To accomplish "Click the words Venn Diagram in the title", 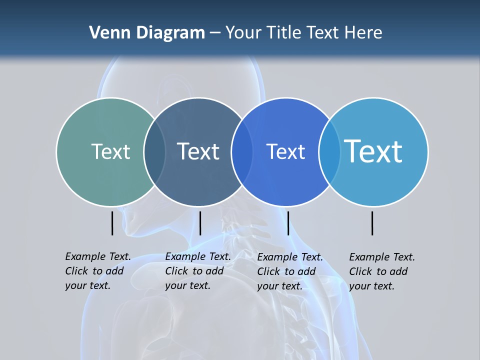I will click(147, 33).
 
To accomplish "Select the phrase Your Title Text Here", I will click(303, 33).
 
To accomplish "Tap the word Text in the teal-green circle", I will click(110, 151).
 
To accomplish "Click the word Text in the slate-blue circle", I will click(198, 151).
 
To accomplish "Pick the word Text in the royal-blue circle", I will click(285, 151).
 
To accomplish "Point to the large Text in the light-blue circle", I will click(373, 151).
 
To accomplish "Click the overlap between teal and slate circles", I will click(154, 151).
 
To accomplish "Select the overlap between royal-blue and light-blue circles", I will click(329, 151).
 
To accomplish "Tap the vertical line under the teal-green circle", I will click(112, 223).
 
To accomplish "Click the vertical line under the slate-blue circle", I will click(200, 223).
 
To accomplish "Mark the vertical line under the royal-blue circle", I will click(288, 223).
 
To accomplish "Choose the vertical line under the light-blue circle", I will click(372, 223).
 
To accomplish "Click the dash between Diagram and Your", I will click(215, 33).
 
